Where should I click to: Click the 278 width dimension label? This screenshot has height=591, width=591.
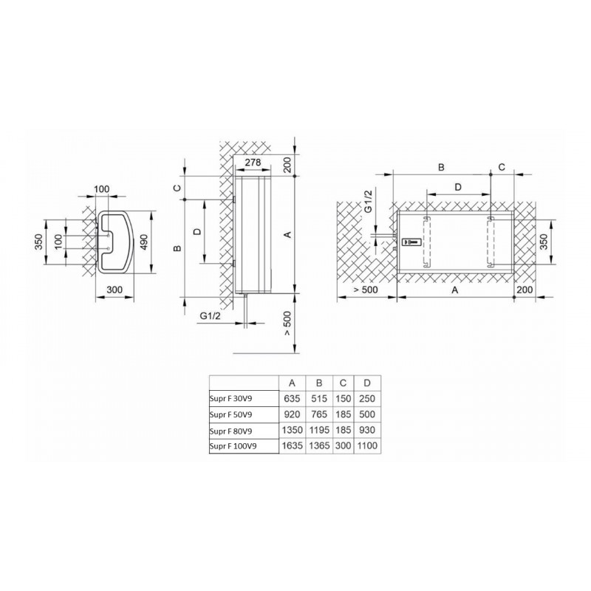tap(253, 163)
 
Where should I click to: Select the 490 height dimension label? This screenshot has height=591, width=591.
tap(143, 242)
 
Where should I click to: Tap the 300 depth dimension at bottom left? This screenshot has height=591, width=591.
tap(115, 290)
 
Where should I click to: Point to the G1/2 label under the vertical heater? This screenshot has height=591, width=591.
tap(210, 316)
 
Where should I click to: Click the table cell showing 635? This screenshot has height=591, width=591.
tap(292, 398)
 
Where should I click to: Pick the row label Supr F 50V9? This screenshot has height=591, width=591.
tap(230, 414)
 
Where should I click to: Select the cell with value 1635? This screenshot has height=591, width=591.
tap(292, 445)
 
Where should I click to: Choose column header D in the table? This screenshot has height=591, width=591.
tap(367, 383)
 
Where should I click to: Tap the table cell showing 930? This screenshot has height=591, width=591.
tap(367, 430)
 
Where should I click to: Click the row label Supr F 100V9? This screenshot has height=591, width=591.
tap(233, 446)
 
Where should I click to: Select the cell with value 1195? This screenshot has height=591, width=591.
tap(319, 430)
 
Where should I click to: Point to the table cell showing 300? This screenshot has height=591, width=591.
tap(343, 445)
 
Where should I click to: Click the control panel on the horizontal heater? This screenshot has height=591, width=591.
tap(411, 242)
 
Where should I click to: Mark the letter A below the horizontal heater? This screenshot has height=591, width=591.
tap(455, 290)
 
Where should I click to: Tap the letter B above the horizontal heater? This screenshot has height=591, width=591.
tap(441, 167)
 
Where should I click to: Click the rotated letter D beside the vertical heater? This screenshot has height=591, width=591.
tap(197, 231)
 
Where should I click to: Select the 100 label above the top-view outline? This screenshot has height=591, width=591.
tap(101, 189)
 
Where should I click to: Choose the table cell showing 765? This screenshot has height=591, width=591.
tap(319, 414)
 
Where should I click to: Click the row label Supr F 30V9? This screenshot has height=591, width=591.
tap(230, 399)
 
